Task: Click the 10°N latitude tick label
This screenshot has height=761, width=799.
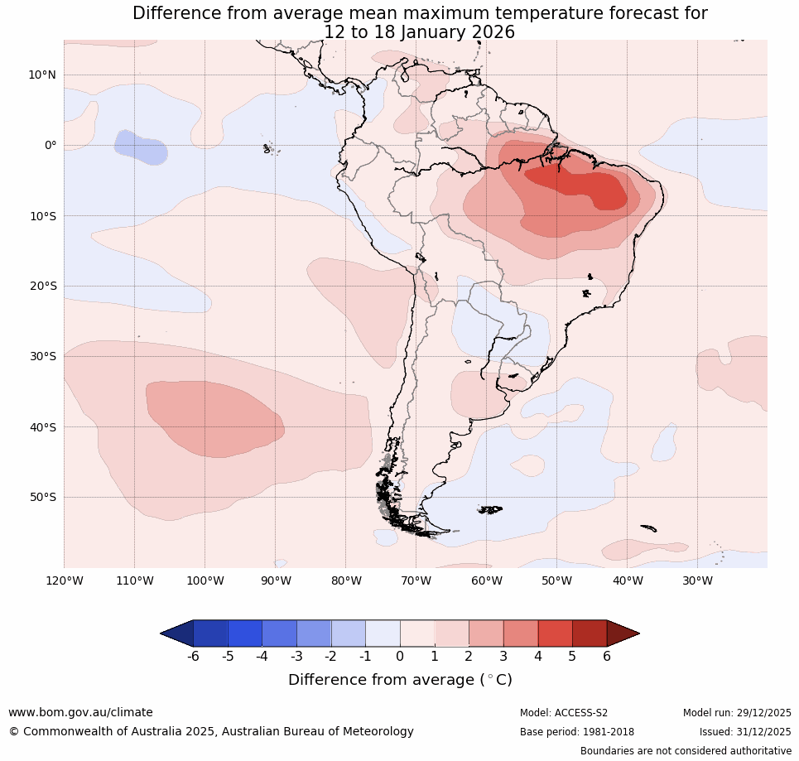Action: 41,75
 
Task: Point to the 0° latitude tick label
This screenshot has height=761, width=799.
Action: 51,145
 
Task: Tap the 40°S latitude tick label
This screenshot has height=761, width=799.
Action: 41,427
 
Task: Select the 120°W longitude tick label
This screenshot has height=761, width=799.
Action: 64,580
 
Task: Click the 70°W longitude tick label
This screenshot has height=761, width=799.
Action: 416,580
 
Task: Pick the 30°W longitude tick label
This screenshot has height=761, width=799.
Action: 697,580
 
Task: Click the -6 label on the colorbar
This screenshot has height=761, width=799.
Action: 193,657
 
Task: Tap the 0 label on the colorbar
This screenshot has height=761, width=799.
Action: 400,657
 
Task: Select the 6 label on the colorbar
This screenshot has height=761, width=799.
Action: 607,657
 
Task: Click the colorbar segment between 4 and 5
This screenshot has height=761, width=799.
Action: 555,633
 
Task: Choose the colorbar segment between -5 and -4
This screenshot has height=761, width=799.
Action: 245,633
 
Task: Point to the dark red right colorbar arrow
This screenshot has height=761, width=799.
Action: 623,633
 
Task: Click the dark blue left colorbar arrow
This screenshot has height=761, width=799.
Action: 176,633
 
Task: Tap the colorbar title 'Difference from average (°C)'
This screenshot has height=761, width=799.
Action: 400,680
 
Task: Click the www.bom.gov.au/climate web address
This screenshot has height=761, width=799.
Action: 80,712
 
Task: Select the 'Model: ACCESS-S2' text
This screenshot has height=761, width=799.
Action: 564,713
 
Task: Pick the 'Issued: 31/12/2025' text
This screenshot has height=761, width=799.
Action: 745,732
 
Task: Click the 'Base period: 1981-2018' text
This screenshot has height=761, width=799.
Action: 577,732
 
